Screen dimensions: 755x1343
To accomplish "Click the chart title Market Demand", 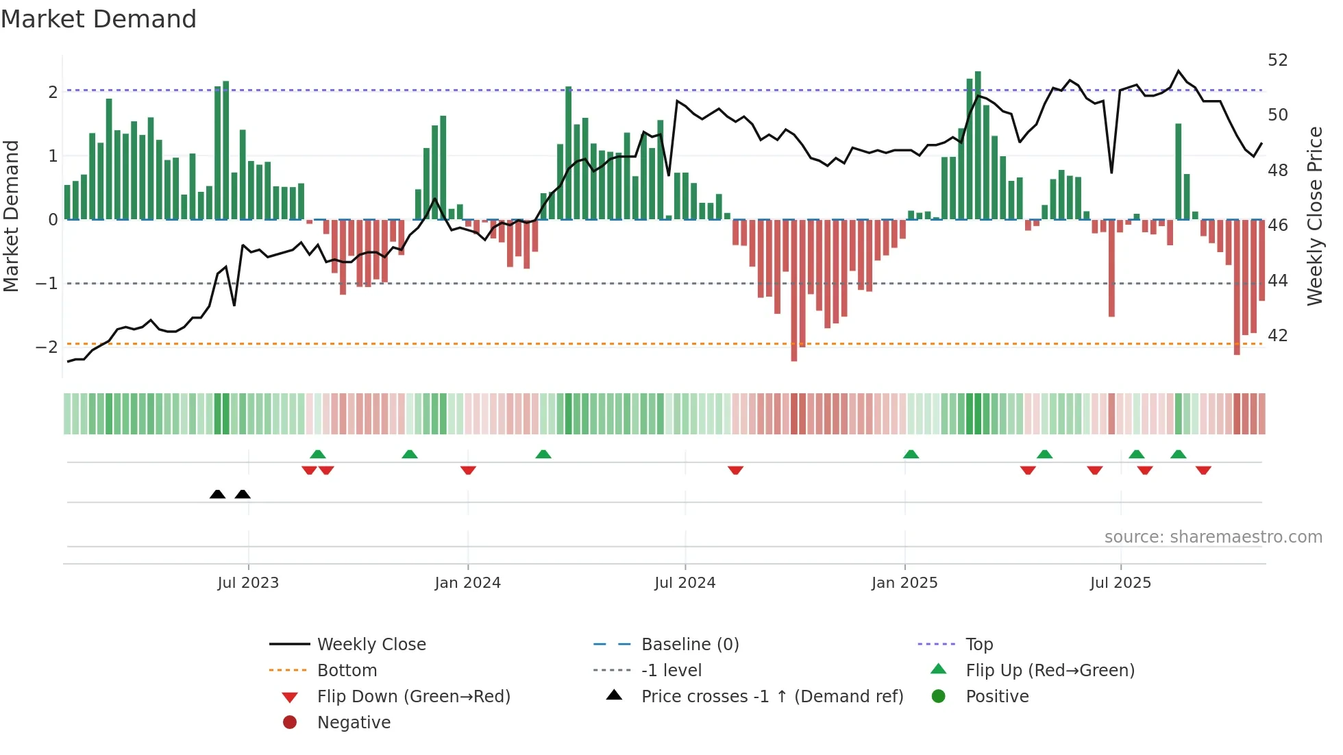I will pos(99,19).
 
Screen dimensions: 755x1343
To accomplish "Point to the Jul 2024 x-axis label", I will pos(685,583).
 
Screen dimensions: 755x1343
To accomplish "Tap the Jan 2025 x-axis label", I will pos(904,583).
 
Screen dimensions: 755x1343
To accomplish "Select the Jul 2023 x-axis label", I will pos(248,583).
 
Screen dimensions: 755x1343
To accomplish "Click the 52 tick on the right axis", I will pos(1277,60).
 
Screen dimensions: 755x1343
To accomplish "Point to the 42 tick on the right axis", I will pos(1277,336).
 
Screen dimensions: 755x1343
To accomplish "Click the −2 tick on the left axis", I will pos(47,347).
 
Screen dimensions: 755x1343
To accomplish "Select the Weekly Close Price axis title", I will pos(1315,216).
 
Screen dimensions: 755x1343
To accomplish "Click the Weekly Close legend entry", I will pos(371,645).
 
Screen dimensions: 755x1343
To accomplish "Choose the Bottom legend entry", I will pos(347,671).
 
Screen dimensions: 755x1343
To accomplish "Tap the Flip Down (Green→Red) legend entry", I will pos(413,697).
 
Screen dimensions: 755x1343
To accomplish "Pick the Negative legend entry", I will pos(354,723).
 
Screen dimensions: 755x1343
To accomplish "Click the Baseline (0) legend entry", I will pos(689,645).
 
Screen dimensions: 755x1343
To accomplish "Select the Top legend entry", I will pos(979,645).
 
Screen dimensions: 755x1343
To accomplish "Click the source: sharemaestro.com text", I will pos(1213,537).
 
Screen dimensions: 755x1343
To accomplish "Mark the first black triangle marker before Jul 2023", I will pos(217,494).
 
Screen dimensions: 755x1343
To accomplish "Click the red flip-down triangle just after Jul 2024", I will pos(735,470).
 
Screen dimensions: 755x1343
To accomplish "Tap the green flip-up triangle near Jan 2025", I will pos(911,454).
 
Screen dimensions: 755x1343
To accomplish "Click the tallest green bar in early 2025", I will pos(978,145).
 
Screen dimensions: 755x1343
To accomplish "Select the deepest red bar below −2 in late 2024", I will pos(794,290).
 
